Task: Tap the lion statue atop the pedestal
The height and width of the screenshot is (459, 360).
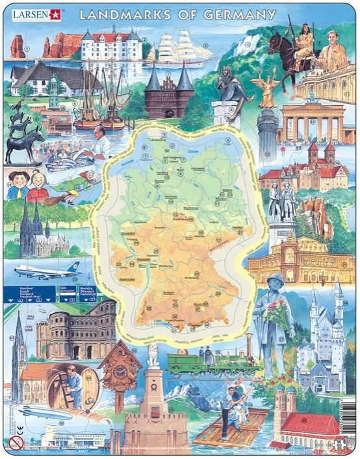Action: click(152, 354)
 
